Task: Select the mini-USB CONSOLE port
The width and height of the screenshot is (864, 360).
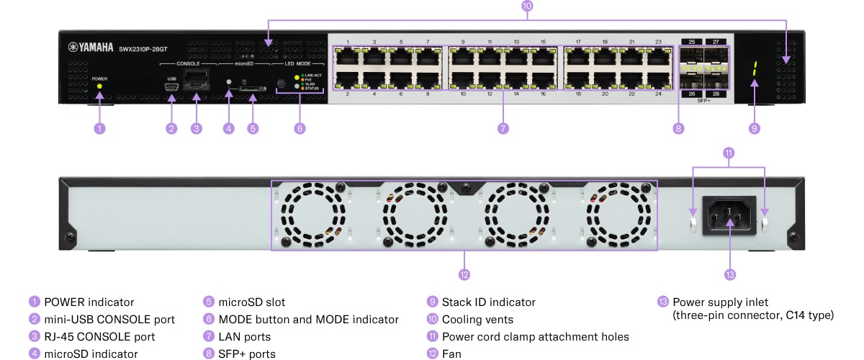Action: (x=171, y=87)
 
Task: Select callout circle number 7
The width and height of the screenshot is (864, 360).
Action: (x=503, y=129)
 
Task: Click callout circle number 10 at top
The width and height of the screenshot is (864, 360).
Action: (x=527, y=6)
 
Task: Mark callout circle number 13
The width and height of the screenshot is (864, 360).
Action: (x=730, y=274)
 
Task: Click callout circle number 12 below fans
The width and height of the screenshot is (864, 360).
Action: (x=464, y=274)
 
